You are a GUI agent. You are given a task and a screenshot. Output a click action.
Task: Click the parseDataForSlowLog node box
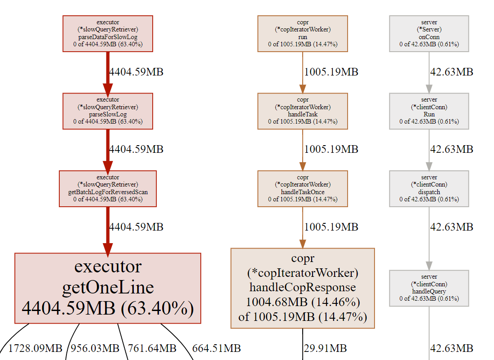(108, 33)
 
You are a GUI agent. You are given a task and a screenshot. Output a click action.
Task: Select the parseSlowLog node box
(108, 111)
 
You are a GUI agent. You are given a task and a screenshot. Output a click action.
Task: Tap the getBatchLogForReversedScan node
(108, 189)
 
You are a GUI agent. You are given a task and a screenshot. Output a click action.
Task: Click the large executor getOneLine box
(108, 288)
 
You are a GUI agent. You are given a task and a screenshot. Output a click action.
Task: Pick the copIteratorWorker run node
(303, 33)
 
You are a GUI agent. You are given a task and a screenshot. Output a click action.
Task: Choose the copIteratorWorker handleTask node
(303, 111)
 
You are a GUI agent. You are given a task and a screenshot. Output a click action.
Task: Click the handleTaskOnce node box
(303, 189)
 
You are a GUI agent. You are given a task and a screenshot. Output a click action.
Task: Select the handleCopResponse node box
(303, 288)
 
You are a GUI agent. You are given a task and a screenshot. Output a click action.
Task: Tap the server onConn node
(429, 33)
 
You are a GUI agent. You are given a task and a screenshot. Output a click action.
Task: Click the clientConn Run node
(429, 111)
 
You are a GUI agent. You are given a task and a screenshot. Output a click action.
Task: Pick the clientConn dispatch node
(429, 189)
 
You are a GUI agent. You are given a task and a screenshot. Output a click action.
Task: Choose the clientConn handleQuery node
(429, 288)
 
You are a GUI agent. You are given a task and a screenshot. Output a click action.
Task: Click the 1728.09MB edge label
(35, 348)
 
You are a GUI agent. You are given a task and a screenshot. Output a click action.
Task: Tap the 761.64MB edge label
(152, 348)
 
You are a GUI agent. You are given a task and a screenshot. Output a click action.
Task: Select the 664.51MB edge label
(216, 348)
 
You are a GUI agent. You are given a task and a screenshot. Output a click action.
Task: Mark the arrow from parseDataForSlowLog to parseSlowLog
(108, 72)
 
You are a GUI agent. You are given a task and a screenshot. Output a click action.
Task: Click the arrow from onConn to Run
(429, 72)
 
